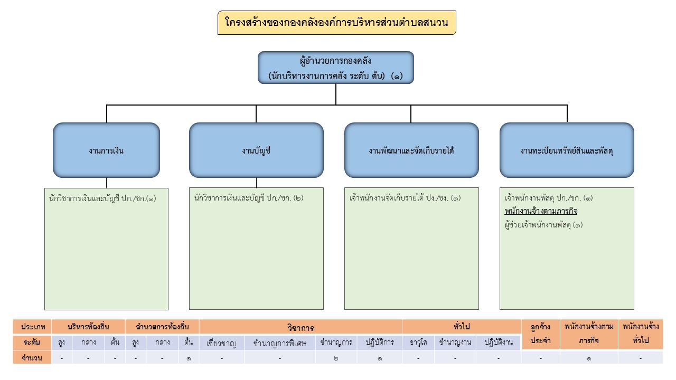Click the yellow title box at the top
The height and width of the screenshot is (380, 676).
point(336,23)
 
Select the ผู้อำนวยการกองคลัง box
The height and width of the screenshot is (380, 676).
point(336,68)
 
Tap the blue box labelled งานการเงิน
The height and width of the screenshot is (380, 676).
point(106,150)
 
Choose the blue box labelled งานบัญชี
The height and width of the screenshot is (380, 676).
point(256,150)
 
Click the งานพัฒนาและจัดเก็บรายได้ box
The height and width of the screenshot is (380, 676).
point(411,150)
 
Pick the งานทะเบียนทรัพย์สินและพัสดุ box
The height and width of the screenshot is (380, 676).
point(567,150)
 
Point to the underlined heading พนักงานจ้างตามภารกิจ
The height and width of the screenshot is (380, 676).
point(541,211)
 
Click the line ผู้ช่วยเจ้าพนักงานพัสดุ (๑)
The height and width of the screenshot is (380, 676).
point(544,224)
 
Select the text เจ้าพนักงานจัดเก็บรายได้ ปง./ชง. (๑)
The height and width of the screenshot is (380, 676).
point(405,198)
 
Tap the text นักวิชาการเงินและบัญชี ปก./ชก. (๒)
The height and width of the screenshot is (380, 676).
point(249,198)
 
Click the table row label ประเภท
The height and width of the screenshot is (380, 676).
point(33,327)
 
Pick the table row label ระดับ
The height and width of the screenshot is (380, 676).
point(33,342)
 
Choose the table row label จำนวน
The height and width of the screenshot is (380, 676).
point(33,357)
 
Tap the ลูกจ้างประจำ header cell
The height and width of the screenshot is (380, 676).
point(540,334)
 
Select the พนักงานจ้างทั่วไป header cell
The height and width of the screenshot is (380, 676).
point(640,334)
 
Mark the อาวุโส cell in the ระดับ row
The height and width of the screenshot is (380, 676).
point(418,342)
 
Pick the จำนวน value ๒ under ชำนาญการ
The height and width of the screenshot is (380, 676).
point(336,358)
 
